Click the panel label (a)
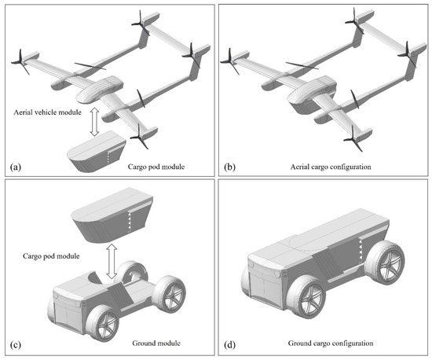pyautogui.click(x=16, y=167)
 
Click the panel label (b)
pyautogui.click(x=229, y=167)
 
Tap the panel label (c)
pyautogui.click(x=16, y=344)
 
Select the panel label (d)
pyautogui.click(x=229, y=344)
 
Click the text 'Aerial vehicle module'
pyautogui.click(x=47, y=112)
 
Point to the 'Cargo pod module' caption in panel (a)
pyautogui.click(x=156, y=167)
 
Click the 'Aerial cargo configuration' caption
pyautogui.click(x=331, y=167)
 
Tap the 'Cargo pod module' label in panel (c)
pyautogui.click(x=51, y=256)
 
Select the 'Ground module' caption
pyautogui.click(x=156, y=343)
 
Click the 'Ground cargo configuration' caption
pyautogui.click(x=331, y=343)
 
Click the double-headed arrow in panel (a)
pyautogui.click(x=94, y=122)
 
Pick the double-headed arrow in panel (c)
pyautogui.click(x=112, y=261)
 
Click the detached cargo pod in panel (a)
pyautogui.click(x=97, y=152)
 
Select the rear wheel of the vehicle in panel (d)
pyautogui.click(x=386, y=262)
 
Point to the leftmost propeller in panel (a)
pyautogui.click(x=20, y=62)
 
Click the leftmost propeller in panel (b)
pyautogui.click(x=230, y=61)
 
